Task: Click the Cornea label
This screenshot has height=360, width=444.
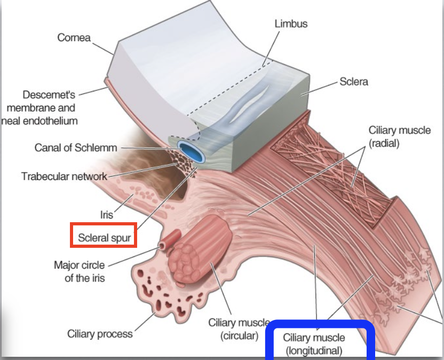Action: (74, 38)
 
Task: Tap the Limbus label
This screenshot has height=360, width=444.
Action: (291, 24)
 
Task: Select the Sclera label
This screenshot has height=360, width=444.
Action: (354, 82)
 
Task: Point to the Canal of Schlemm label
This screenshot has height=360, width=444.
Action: (76, 147)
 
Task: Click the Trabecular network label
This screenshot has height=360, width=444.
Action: (64, 176)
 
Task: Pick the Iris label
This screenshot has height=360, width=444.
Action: (107, 215)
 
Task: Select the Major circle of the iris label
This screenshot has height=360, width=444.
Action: (80, 271)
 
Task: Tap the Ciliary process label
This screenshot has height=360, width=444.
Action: (100, 334)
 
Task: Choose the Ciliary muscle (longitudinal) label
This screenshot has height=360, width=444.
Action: (314, 344)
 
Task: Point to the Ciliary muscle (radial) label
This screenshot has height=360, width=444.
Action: (399, 137)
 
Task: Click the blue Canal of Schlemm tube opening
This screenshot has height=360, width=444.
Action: (192, 151)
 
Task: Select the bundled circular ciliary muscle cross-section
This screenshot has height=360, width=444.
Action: (200, 249)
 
